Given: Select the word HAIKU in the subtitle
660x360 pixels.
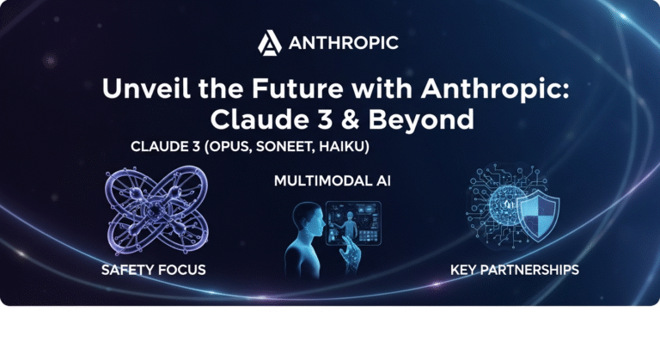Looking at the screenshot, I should tap(339, 147).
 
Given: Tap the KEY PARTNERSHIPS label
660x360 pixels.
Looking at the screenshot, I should tap(515, 271).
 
